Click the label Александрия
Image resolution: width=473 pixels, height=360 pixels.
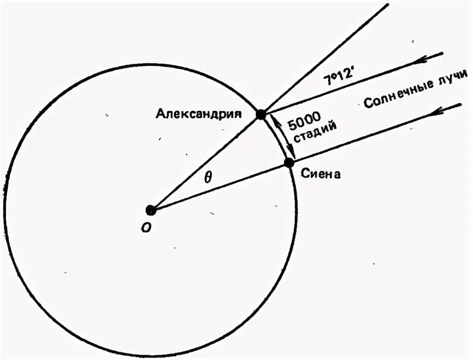pos(198,114)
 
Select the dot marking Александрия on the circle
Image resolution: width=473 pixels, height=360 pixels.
pos(261,115)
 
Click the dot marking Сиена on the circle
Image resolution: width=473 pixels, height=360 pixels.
pos(289,163)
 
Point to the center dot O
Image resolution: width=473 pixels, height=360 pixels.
pos(151,210)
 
